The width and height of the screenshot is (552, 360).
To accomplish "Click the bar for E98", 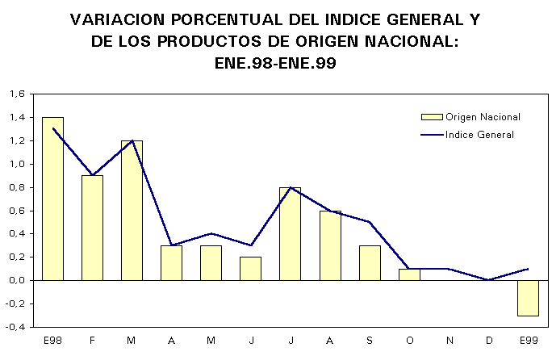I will click(x=52, y=199).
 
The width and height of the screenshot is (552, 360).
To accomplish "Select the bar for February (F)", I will click(x=92, y=228).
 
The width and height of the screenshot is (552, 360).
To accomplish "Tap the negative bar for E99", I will click(x=528, y=298).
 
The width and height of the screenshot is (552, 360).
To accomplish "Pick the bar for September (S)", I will click(x=369, y=262).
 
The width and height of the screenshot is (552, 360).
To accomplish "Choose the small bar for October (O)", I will click(x=408, y=274).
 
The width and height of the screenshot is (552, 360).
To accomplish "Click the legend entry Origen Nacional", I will click(x=483, y=117).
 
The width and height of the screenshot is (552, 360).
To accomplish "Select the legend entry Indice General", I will click(x=479, y=135).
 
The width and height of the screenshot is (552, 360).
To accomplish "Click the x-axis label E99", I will click(x=528, y=341).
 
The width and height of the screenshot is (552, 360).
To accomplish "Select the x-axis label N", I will click(x=449, y=341).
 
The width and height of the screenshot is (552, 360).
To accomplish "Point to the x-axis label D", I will click(x=488, y=341).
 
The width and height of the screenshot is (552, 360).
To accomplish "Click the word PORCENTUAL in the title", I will click(x=216, y=19).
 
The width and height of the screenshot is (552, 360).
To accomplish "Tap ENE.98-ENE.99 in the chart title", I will click(x=275, y=62).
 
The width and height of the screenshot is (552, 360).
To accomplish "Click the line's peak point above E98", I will click(x=52, y=128).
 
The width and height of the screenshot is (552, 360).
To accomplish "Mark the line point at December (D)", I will click(x=488, y=280).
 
